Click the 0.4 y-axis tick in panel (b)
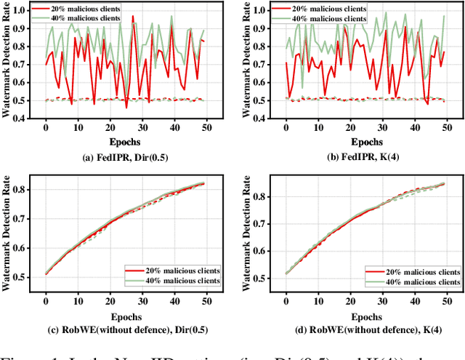[259, 118]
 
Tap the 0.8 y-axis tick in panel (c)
[20, 189]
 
